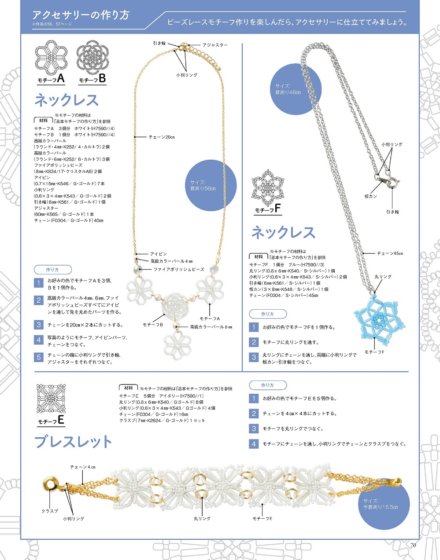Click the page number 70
(x=413, y=545)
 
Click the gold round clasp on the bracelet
(x=51, y=485)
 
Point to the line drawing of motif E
(x=51, y=398)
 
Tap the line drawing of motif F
(x=268, y=187)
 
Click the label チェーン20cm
(x=162, y=137)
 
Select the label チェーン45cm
(x=390, y=253)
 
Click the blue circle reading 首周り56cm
(x=211, y=185)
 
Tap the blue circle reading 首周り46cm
(x=296, y=89)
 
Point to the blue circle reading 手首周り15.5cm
(x=384, y=504)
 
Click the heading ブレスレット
(x=73, y=442)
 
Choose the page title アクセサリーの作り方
(x=81, y=15)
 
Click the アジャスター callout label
(x=215, y=45)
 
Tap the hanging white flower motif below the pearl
(x=177, y=345)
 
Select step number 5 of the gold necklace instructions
(x=39, y=358)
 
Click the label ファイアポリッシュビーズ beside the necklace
(x=179, y=269)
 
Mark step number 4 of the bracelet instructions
(x=254, y=444)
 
